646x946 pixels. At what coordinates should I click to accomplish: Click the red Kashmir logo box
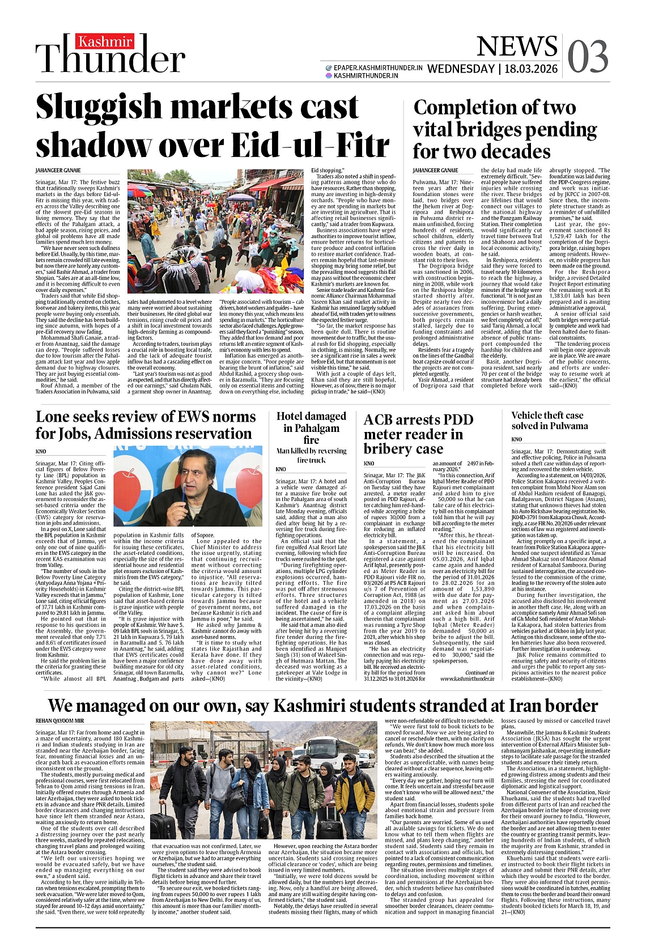pyautogui.click(x=105, y=42)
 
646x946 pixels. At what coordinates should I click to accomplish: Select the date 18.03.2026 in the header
pyautogui.click(x=531, y=69)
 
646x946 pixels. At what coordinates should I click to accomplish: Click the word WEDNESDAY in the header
pyautogui.click(x=460, y=69)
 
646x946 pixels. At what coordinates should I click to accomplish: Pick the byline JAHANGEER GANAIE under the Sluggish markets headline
pyautogui.click(x=58, y=171)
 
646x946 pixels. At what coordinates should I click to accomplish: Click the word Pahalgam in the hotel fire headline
pyautogui.click(x=311, y=428)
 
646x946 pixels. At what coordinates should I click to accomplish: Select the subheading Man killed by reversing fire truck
pyautogui.click(x=311, y=455)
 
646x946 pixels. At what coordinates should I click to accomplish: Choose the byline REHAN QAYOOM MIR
pyautogui.click(x=59, y=720)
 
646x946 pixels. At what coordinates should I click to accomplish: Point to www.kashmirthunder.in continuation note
pyautogui.click(x=466, y=678)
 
